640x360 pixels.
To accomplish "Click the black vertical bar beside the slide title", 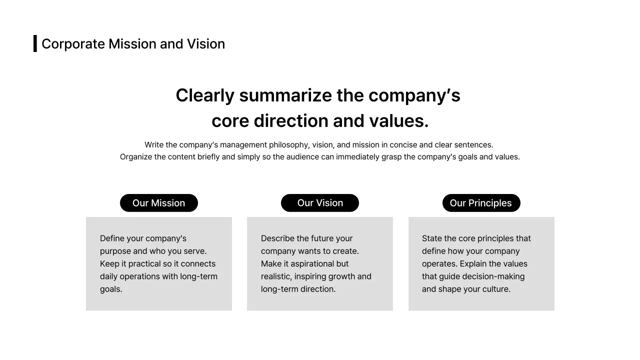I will tap(35, 43).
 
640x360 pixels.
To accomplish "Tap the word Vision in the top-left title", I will tap(206, 44).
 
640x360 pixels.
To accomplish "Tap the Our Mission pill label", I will tap(159, 203).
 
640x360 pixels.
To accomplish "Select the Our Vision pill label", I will tap(320, 203).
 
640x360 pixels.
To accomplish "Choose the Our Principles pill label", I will tap(481, 203).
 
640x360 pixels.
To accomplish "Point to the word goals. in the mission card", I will tap(111, 289).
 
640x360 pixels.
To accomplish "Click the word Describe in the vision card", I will tap(278, 238).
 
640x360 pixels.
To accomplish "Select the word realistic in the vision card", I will tap(277, 276).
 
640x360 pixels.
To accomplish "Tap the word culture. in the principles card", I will tap(496, 289).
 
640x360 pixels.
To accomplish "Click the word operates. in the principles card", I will tap(439, 264).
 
